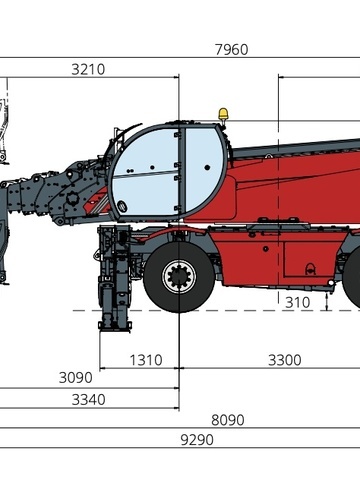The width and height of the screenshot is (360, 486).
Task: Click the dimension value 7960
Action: tap(232, 50)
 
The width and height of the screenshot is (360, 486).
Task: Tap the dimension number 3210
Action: tap(88, 69)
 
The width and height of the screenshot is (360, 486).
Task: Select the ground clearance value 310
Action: tap(298, 303)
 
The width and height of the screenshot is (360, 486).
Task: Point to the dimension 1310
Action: tap(146, 360)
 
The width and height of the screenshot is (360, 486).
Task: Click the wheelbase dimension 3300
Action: tap(285, 360)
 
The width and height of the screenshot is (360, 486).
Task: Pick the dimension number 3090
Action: tap(76, 378)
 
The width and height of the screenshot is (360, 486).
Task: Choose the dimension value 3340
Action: tap(89, 399)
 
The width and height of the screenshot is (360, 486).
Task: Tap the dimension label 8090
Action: tap(228, 420)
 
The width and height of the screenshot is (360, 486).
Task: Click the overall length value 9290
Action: tap(197, 440)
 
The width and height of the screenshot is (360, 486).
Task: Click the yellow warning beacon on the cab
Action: tap(222, 114)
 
